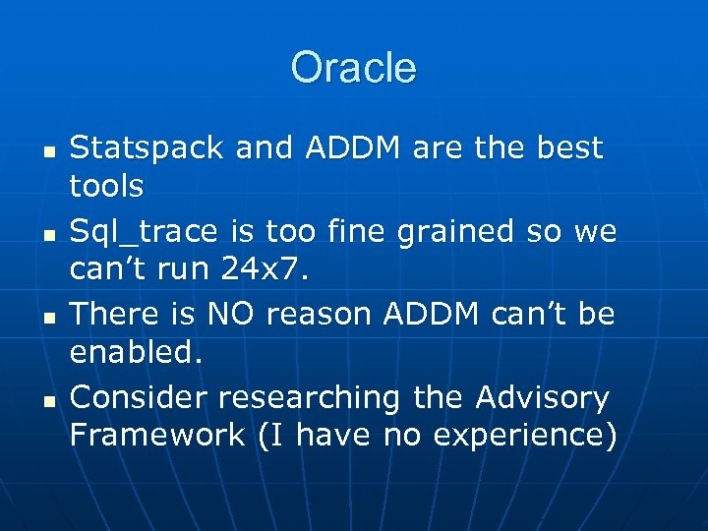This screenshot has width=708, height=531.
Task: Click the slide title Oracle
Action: (354, 68)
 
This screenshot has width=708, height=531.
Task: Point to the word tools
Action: (107, 185)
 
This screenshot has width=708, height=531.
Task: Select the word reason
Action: (319, 315)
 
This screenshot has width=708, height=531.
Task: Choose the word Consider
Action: (139, 397)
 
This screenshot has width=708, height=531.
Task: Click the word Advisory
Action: (542, 397)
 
